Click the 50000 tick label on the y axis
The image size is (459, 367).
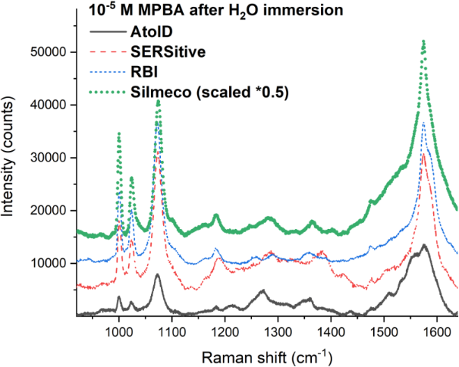click(55, 52)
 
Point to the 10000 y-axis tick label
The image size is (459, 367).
click(55, 263)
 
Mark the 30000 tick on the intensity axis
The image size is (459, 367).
click(55, 157)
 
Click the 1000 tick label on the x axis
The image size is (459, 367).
click(118, 331)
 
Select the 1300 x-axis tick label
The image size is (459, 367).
click(278, 331)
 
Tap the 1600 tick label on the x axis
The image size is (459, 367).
click(436, 331)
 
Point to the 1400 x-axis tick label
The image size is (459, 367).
click(331, 331)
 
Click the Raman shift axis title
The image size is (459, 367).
click(266, 355)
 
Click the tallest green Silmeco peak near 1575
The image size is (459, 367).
click(423, 41)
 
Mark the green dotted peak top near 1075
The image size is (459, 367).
click(158, 100)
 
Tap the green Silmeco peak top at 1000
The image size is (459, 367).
click(119, 133)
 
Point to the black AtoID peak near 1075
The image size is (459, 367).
click(157, 274)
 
